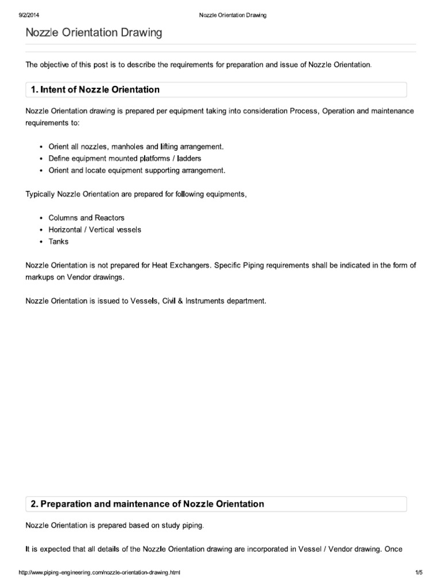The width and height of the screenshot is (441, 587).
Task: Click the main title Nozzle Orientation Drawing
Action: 94,33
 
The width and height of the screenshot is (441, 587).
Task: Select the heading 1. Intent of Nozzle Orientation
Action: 95,90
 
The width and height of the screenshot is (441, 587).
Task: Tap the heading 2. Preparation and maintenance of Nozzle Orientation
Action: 147,504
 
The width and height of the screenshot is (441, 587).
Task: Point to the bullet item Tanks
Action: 59,241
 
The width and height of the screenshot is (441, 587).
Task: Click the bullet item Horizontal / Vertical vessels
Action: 95,229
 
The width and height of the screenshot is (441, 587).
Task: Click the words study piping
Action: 183,525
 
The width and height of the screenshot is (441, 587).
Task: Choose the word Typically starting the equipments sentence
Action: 41,194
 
